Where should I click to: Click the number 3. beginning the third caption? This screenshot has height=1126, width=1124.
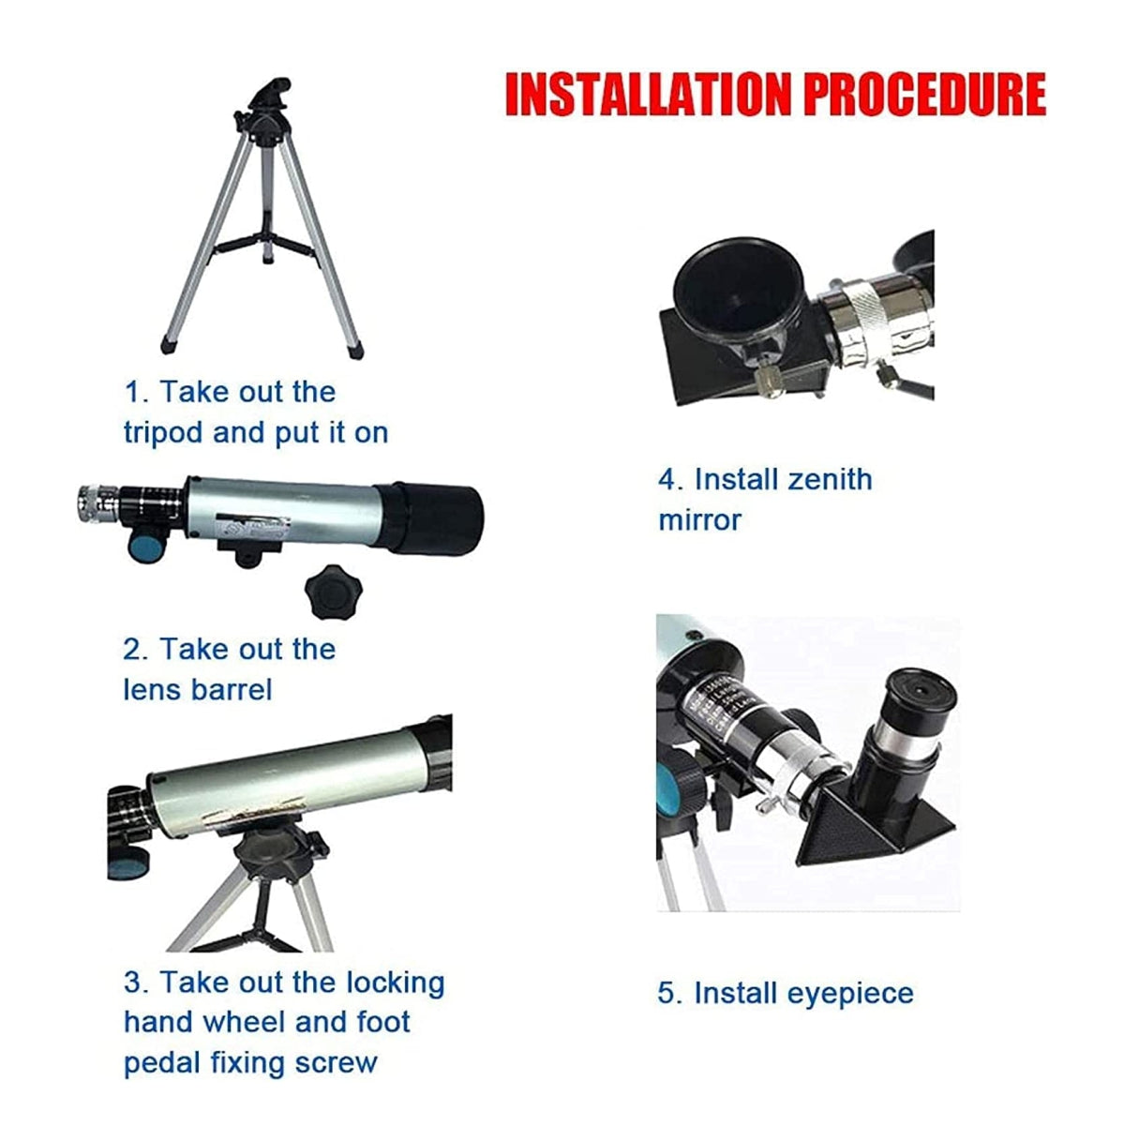click(x=136, y=983)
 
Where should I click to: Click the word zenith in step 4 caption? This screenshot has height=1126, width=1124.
click(x=829, y=479)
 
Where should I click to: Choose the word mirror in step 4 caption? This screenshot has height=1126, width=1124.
click(x=699, y=519)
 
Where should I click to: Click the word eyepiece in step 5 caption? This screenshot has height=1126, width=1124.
click(x=850, y=993)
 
